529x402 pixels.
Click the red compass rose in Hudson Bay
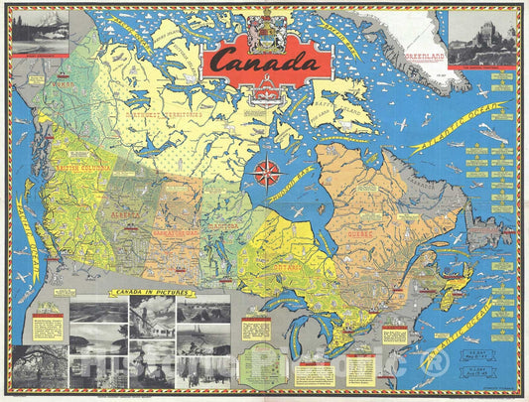(266, 173)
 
